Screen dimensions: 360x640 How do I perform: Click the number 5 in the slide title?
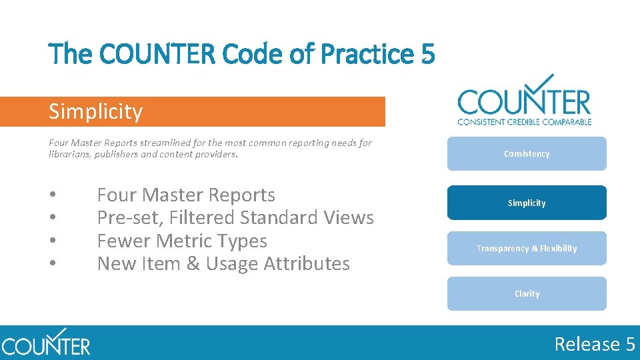(427, 54)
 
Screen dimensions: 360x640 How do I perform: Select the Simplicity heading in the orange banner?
(95, 111)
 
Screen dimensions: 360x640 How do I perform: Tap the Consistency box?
(527, 154)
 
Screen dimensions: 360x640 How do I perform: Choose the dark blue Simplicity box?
(527, 203)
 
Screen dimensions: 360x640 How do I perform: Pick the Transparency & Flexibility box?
(527, 248)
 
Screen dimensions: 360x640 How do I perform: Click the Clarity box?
(527, 293)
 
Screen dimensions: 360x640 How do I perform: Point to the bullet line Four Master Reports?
(186, 195)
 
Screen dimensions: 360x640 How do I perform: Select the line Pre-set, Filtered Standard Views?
(235, 217)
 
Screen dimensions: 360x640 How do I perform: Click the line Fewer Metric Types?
(182, 241)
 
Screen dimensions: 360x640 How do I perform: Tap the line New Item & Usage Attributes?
(223, 263)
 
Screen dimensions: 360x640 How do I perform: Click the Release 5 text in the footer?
(595, 344)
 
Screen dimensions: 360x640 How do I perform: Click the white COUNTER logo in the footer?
(45, 344)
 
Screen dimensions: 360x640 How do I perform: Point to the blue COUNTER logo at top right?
(524, 100)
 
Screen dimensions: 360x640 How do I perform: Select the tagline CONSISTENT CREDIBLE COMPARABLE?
(524, 121)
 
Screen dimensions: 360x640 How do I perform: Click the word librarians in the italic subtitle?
(69, 154)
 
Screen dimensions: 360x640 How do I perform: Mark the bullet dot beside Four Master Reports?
(52, 195)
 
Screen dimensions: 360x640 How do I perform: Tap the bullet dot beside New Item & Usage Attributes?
(52, 264)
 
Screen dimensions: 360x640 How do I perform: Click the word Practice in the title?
(378, 54)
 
